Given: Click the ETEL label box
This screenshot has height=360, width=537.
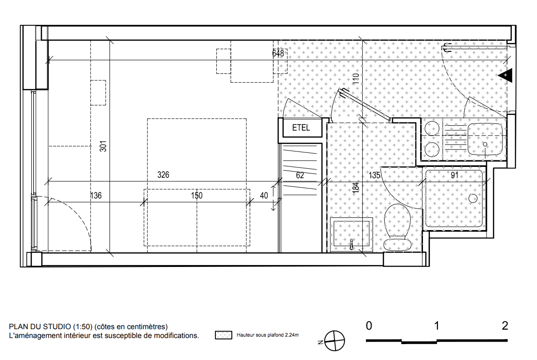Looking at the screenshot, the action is (x=301, y=128).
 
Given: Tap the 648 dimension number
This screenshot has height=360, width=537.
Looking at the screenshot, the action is (x=278, y=53).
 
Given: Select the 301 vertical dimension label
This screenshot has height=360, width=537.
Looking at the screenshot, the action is (x=103, y=146).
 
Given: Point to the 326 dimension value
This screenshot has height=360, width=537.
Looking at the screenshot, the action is (x=164, y=175).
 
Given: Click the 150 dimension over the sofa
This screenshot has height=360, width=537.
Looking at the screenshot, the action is (x=197, y=195).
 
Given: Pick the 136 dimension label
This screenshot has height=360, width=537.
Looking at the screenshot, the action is (x=96, y=195).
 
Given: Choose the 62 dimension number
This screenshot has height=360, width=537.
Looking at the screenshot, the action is (x=300, y=175).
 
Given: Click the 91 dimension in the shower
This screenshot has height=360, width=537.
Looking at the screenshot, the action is (x=454, y=175).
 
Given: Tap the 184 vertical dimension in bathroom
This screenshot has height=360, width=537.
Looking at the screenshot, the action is (x=356, y=187).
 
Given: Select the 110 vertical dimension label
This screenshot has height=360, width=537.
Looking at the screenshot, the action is (x=356, y=79).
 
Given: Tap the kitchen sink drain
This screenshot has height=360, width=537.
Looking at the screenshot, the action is (x=485, y=144).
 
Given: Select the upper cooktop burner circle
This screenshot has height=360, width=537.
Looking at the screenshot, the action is (x=432, y=129).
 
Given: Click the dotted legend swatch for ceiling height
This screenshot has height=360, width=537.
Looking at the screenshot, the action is (x=223, y=335).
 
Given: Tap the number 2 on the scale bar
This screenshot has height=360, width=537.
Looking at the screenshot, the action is (x=505, y=326).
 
